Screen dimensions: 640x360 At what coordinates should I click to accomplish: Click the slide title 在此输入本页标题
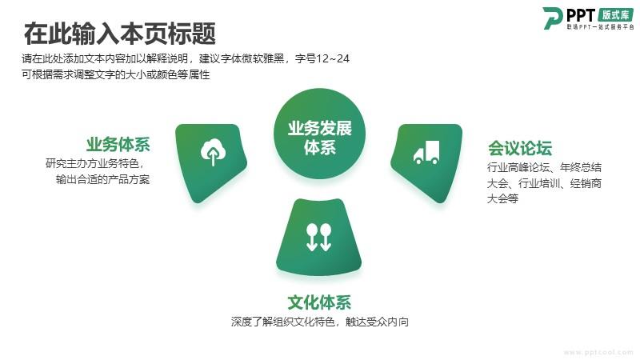119,34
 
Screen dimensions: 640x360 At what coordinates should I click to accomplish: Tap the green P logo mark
552,18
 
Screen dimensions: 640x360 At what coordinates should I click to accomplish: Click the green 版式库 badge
615,15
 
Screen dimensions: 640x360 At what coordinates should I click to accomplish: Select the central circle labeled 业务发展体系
319,134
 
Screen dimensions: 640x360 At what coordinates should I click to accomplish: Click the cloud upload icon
213,152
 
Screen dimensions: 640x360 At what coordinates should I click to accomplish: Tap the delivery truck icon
426,153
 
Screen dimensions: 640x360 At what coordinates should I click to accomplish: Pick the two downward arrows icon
318,237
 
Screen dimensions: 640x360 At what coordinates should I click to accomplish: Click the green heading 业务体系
118,145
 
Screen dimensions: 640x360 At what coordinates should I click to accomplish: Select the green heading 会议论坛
519,148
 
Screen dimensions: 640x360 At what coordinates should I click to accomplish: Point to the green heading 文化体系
319,302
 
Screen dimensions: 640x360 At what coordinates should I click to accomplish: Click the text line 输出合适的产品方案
103,179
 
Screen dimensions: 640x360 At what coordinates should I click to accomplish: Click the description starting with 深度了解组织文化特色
319,322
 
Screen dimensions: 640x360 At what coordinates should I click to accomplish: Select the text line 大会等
502,198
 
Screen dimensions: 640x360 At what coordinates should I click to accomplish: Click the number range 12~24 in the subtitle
333,58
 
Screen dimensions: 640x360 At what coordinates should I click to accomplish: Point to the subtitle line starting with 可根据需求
115,74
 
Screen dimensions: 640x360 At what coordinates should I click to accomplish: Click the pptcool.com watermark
598,352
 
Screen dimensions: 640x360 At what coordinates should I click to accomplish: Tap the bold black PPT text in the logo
581,15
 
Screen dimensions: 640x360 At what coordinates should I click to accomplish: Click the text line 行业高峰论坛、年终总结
544,167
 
